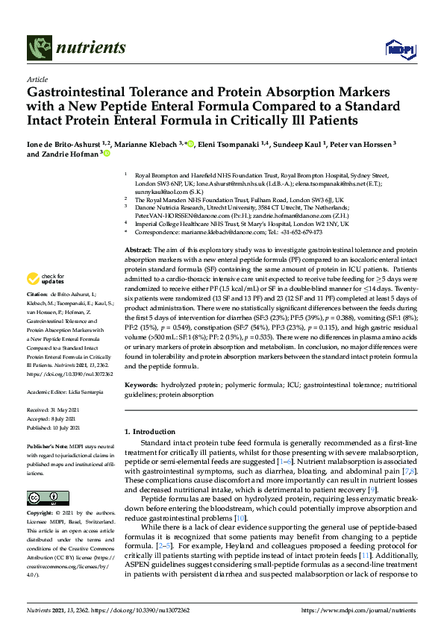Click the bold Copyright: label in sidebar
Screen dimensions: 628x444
click(41, 514)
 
